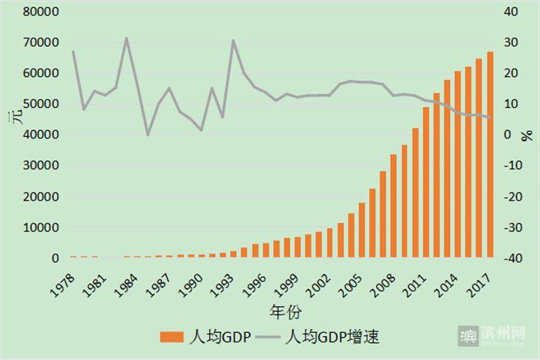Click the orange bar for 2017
click(490, 154)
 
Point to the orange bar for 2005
click(362, 230)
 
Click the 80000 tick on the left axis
click(37, 12)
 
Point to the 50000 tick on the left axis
click(37, 104)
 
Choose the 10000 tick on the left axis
click(37, 227)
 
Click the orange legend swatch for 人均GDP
click(170, 337)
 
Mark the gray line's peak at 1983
click(127, 38)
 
